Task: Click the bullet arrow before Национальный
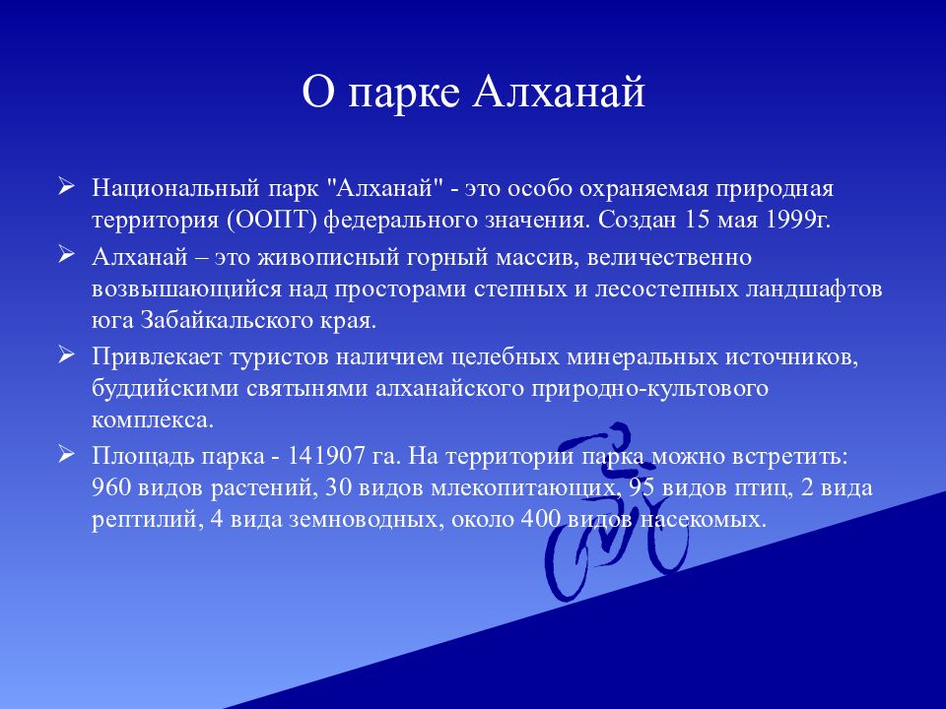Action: [66, 185]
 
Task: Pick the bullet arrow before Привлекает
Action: [66, 354]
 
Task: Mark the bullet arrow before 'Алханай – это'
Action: [66, 255]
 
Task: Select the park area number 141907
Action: [328, 456]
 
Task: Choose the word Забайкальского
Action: [218, 321]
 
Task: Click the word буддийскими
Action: [159, 388]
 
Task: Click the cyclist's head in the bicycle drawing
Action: [619, 432]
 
